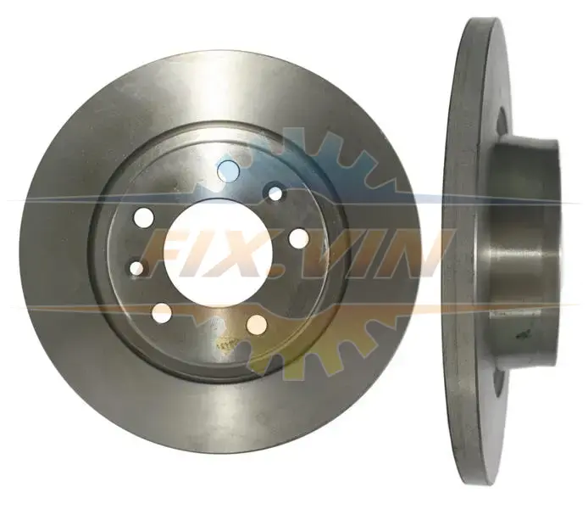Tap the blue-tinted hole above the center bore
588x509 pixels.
click(229, 170)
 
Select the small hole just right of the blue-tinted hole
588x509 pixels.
click(275, 193)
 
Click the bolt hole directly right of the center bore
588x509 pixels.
click(299, 238)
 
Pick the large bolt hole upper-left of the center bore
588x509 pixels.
click(144, 217)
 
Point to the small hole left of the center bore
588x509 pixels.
click(137, 267)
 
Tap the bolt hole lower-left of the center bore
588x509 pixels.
click(163, 313)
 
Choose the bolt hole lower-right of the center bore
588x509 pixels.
click(257, 325)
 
